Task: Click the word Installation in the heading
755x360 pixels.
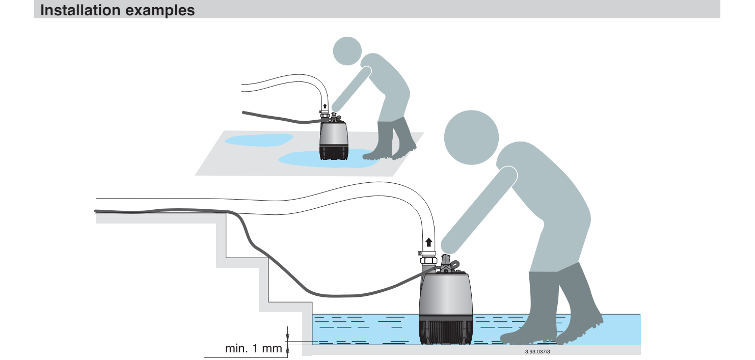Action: point(80,10)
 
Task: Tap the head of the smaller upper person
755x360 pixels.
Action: point(347,51)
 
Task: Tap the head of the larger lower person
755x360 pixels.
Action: point(471,137)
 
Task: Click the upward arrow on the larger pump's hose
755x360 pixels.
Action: point(429,242)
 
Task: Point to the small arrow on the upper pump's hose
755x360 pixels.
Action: point(325,106)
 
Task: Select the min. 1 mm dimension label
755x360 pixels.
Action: point(254,348)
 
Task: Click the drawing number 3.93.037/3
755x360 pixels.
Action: point(537,351)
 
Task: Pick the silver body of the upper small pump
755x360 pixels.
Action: point(333,134)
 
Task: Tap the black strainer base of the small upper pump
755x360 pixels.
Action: point(333,153)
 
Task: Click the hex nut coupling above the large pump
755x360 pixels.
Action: point(428,260)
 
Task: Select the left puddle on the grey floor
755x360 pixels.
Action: point(258,140)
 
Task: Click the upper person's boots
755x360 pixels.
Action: point(391,139)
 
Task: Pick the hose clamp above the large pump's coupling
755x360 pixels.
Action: point(427,253)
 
